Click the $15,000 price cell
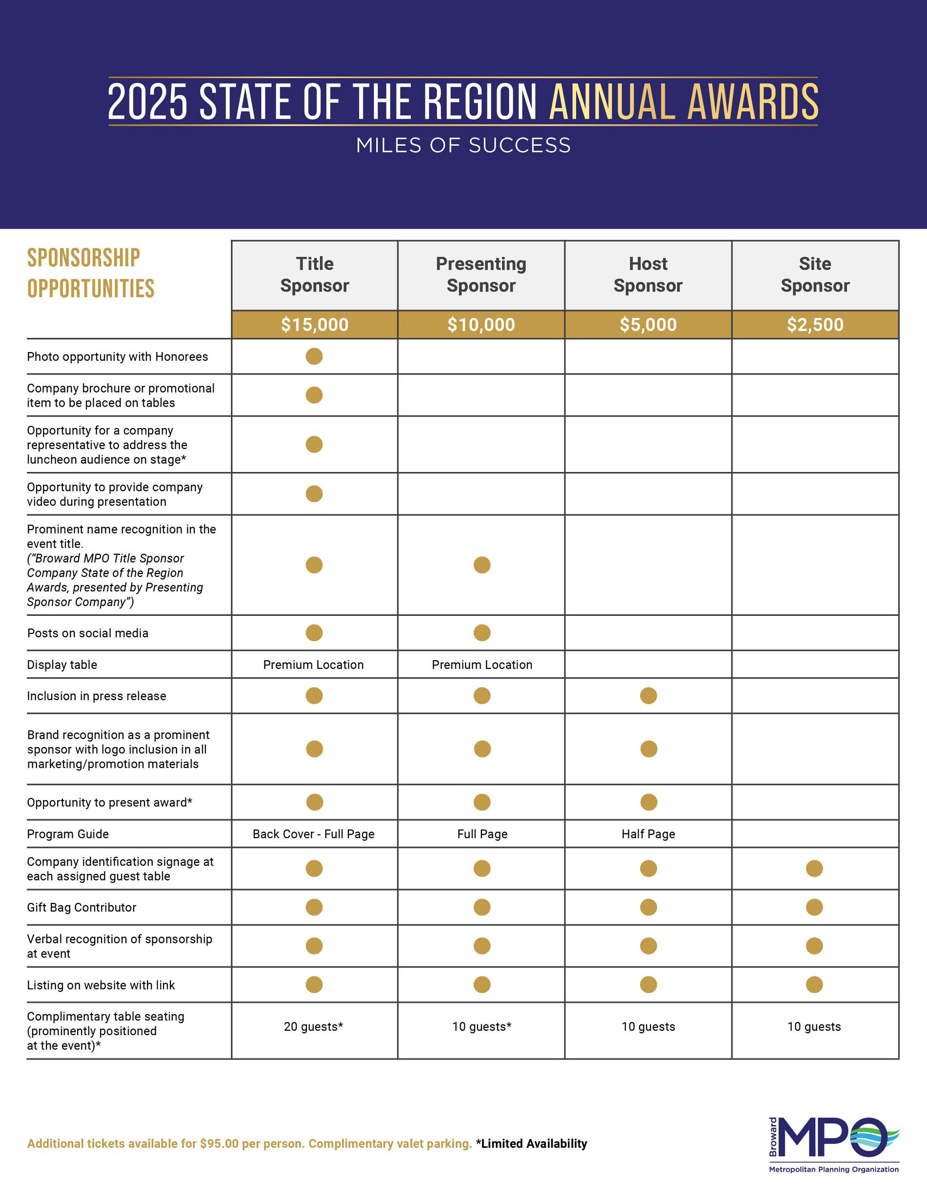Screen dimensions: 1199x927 point(314,324)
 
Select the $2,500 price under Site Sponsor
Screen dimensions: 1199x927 point(815,324)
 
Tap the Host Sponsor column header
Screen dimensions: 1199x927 point(648,275)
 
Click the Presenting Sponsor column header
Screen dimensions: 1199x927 point(481,275)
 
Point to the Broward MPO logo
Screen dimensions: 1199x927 point(834,1145)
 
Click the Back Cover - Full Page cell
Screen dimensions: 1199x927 point(314,834)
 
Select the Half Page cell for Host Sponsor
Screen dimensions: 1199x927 point(648,834)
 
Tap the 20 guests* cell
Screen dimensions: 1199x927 point(314,1026)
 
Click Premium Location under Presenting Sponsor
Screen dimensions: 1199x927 point(482,665)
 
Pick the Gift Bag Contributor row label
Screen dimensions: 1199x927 point(82,907)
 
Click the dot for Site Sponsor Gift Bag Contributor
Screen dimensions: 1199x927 point(814,907)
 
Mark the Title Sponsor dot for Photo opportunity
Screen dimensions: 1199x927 point(314,356)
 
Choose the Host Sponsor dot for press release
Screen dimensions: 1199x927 point(648,696)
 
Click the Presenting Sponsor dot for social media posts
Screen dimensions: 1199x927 point(482,633)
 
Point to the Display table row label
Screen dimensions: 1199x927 point(62,665)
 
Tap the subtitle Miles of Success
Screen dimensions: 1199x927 point(463,145)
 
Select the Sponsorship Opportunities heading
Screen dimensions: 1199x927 point(91,273)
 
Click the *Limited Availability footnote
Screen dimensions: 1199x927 point(532,1143)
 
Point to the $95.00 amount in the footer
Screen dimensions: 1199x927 point(219,1143)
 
